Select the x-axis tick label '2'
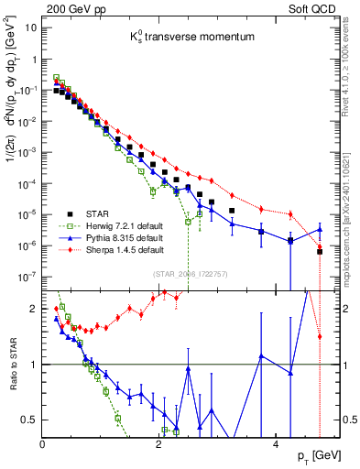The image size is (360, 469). [158, 444]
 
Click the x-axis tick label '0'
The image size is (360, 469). [43, 444]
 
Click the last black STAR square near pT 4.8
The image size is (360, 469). [320, 252]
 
